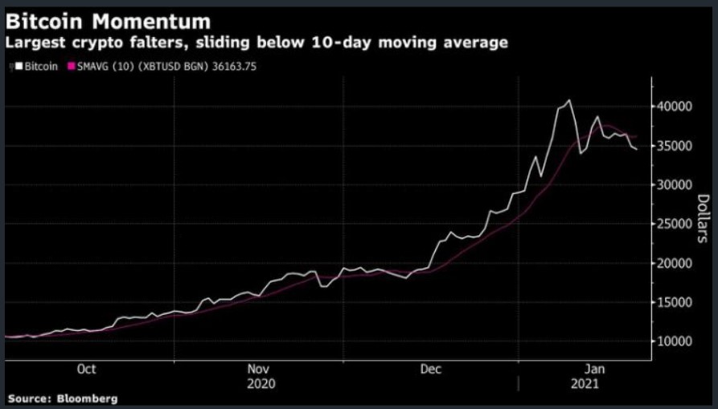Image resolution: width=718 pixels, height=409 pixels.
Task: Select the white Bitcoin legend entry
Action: tap(35, 66)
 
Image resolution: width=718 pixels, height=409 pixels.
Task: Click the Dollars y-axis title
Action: tap(701, 219)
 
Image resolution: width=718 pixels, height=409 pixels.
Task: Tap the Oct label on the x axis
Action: tap(86, 369)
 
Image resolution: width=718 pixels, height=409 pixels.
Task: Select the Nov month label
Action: tap(259, 369)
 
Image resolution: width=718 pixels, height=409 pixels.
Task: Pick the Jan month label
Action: tap(593, 369)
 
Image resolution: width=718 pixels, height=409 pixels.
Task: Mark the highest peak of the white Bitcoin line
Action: tap(569, 101)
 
